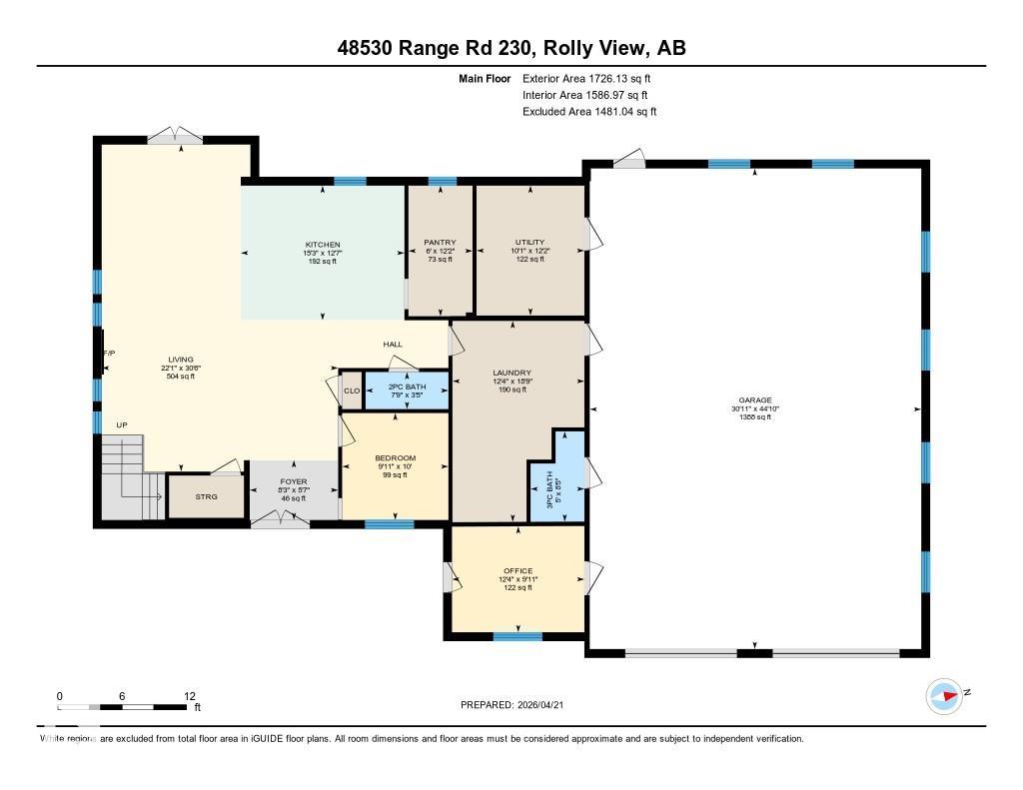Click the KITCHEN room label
click(x=323, y=245)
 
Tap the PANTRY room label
click(x=440, y=243)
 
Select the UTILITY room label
click(x=529, y=243)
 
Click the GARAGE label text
click(x=754, y=400)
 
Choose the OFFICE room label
click(x=517, y=571)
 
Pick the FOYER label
click(x=294, y=482)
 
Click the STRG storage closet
click(x=206, y=496)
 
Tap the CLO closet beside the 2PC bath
click(x=352, y=391)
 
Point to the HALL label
click(x=393, y=345)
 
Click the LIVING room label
click(x=181, y=360)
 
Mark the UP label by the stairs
click(x=122, y=425)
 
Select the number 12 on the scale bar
click(x=190, y=696)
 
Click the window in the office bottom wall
click(x=517, y=636)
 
